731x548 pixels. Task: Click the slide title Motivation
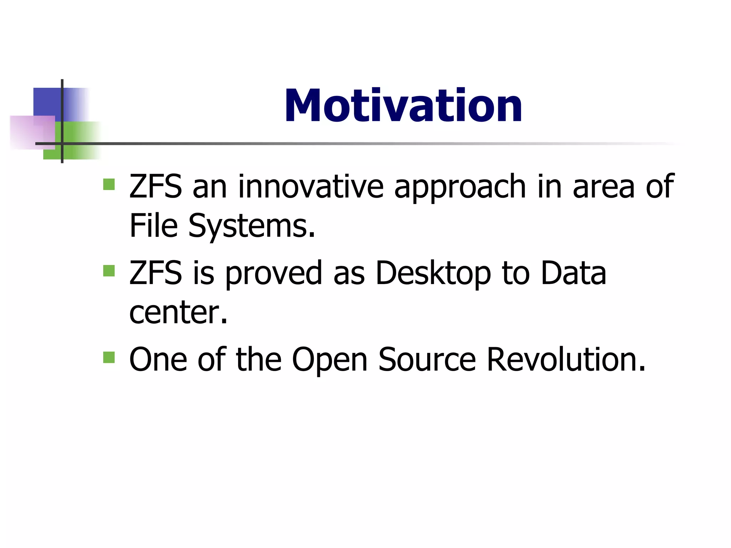(403, 106)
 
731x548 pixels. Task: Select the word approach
(460, 187)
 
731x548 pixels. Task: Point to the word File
(153, 225)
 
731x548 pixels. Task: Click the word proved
(274, 273)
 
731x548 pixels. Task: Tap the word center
(178, 313)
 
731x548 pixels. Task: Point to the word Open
(329, 360)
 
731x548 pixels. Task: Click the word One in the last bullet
(158, 360)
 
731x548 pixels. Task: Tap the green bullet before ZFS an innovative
(109, 184)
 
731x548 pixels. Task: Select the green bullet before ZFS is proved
(109, 271)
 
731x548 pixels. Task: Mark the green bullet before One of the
(109, 357)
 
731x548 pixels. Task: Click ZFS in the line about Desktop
(156, 273)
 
